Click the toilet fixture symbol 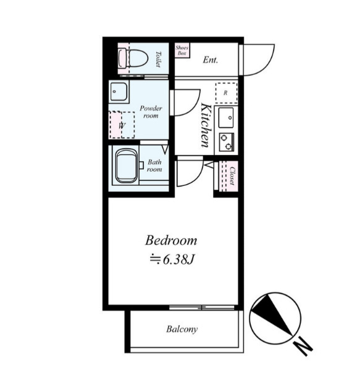(x=133, y=59)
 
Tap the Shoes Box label (x=182, y=50)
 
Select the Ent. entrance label (x=211, y=60)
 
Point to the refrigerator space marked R (x=226, y=93)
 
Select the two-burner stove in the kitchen (x=226, y=142)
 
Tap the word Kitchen (x=206, y=125)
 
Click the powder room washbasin (x=119, y=91)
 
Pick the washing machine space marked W (x=122, y=125)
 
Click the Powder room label (x=151, y=112)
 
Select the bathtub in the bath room (x=126, y=166)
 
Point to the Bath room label (x=154, y=166)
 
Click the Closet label (x=232, y=175)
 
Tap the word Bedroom (x=171, y=240)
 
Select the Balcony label (x=182, y=329)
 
